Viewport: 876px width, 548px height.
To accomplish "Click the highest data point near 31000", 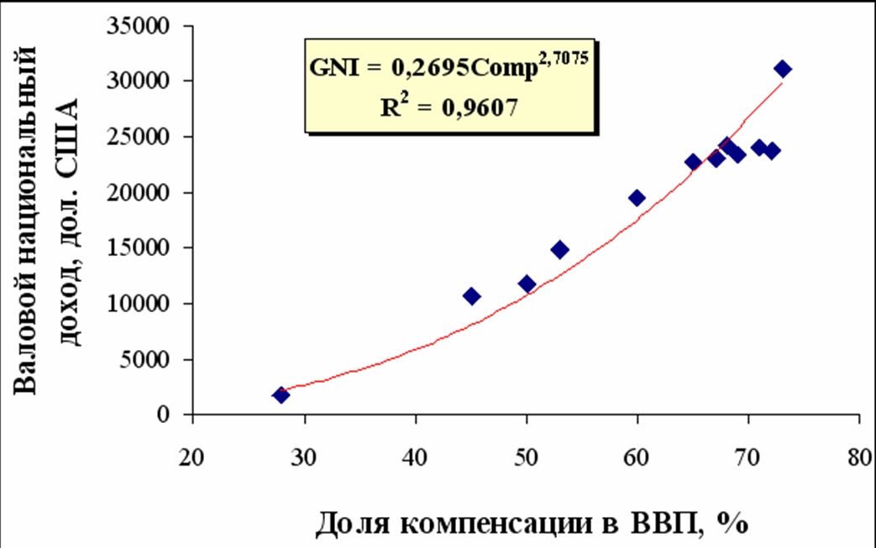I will click(x=783, y=69).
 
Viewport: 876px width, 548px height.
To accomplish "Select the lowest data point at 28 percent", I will click(x=281, y=395).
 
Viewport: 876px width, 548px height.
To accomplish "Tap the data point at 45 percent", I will click(x=471, y=296).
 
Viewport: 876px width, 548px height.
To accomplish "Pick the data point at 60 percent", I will click(x=637, y=198).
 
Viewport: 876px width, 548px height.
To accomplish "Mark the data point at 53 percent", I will click(x=560, y=249).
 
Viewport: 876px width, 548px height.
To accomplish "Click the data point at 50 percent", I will click(x=527, y=284).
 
